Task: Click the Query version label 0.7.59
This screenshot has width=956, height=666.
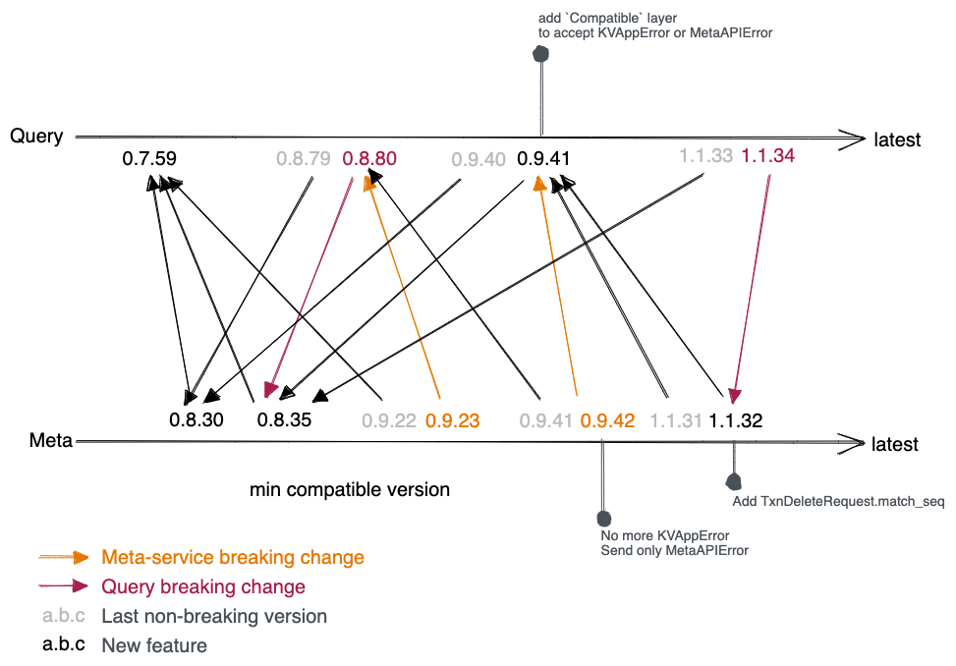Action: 149,157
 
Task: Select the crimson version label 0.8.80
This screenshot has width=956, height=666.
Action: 368,157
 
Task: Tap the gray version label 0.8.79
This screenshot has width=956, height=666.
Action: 304,157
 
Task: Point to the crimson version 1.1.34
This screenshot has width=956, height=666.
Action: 767,155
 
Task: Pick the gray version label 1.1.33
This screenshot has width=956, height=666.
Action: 705,155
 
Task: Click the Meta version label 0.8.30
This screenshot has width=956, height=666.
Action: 197,420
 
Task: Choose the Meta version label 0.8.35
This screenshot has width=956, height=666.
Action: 284,420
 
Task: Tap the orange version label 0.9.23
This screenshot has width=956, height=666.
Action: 452,420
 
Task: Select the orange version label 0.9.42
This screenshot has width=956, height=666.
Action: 607,420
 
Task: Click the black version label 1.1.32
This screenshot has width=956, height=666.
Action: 736,420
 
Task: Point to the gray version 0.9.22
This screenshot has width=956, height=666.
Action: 389,420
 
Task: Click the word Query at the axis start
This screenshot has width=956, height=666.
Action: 36,137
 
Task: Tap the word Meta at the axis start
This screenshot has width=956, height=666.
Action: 51,441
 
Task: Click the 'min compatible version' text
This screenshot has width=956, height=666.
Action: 349,488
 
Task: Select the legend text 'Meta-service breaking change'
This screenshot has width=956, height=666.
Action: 233,557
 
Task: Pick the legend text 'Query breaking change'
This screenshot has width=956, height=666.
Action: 203,586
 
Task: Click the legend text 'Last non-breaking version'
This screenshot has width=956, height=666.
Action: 214,616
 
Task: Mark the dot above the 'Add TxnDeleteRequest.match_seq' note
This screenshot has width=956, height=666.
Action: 733,481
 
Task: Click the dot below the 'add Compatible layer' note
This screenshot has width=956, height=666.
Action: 540,55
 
